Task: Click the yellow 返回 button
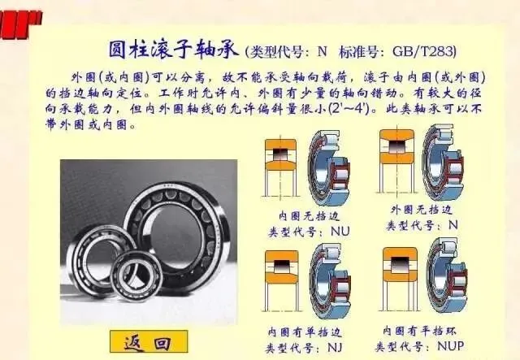pyautogui.click(x=149, y=341)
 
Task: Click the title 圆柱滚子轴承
pyautogui.click(x=173, y=50)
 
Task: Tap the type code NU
pyautogui.click(x=340, y=232)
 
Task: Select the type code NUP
pyautogui.click(x=450, y=346)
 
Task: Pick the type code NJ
pyautogui.click(x=335, y=347)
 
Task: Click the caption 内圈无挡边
pyautogui.click(x=309, y=216)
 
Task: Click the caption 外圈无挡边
pyautogui.click(x=421, y=210)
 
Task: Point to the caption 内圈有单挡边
pyautogui.click(x=304, y=332)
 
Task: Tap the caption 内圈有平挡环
pyautogui.click(x=419, y=331)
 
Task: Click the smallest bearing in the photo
pyautogui.click(x=136, y=275)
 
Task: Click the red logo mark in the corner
pyautogui.click(x=19, y=24)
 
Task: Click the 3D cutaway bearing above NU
pyautogui.click(x=328, y=168)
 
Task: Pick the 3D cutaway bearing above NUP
pyautogui.click(x=446, y=275)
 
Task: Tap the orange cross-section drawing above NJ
pyautogui.click(x=281, y=280)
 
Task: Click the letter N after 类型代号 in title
pyautogui.click(x=322, y=51)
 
